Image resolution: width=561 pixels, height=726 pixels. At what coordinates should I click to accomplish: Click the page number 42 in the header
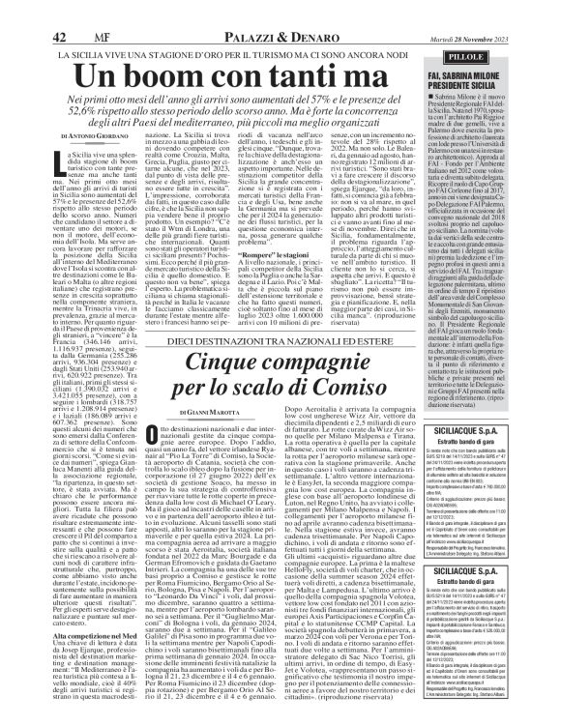tap(57, 11)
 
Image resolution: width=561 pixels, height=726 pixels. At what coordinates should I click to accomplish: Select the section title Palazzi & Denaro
tap(280, 11)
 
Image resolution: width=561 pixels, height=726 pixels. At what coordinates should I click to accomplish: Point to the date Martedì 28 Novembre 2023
tap(504, 11)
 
